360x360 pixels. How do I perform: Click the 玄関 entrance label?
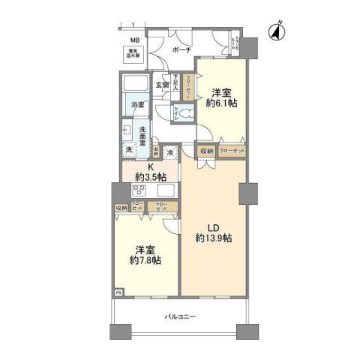(162, 85)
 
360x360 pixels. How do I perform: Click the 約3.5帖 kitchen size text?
(150, 177)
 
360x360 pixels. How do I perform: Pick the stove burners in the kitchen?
(137, 190)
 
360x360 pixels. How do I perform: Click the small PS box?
(118, 292)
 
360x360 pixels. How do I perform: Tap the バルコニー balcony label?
(180, 317)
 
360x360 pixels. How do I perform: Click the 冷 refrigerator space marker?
(171, 152)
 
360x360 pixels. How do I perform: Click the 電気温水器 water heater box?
(134, 55)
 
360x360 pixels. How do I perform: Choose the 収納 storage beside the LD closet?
(207, 151)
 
